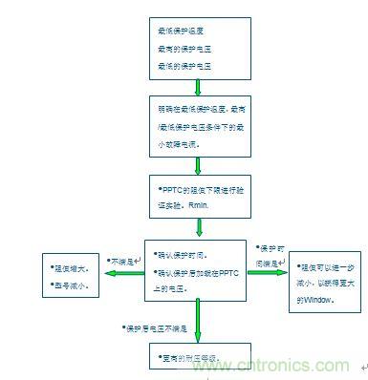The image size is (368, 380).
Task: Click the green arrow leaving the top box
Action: click(x=197, y=87)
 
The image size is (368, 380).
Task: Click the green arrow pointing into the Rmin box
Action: click(x=197, y=163)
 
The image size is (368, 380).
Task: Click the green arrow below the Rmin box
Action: click(x=198, y=227)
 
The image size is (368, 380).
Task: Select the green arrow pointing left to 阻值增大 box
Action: click(x=120, y=274)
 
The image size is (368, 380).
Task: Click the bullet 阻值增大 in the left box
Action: click(x=71, y=268)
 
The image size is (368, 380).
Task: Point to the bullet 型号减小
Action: click(x=71, y=285)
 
